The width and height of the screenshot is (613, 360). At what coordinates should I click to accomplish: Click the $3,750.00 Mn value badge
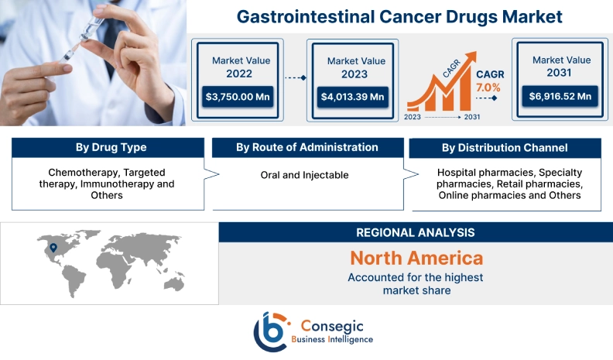pyautogui.click(x=237, y=97)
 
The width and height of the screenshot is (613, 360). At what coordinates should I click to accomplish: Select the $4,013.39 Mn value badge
pyautogui.click(x=353, y=97)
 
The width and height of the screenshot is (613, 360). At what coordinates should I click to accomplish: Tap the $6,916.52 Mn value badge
pyautogui.click(x=560, y=97)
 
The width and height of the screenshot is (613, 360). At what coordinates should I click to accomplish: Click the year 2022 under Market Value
pyautogui.click(x=237, y=74)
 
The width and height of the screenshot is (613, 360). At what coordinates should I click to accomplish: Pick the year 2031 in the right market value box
pyautogui.click(x=560, y=74)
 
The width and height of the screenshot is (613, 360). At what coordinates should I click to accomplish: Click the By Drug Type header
pyautogui.click(x=111, y=147)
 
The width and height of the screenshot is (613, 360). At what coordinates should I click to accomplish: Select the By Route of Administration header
pyautogui.click(x=307, y=147)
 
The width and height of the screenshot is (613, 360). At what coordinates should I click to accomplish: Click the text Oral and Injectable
pyautogui.click(x=304, y=175)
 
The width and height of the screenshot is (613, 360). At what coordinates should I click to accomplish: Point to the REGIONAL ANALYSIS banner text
pyautogui.click(x=416, y=232)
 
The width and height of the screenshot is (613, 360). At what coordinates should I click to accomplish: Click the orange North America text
pyautogui.click(x=416, y=258)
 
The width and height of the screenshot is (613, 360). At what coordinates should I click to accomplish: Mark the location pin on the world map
pyautogui.click(x=53, y=249)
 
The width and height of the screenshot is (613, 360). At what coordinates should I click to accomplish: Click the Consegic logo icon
pyautogui.click(x=272, y=330)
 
